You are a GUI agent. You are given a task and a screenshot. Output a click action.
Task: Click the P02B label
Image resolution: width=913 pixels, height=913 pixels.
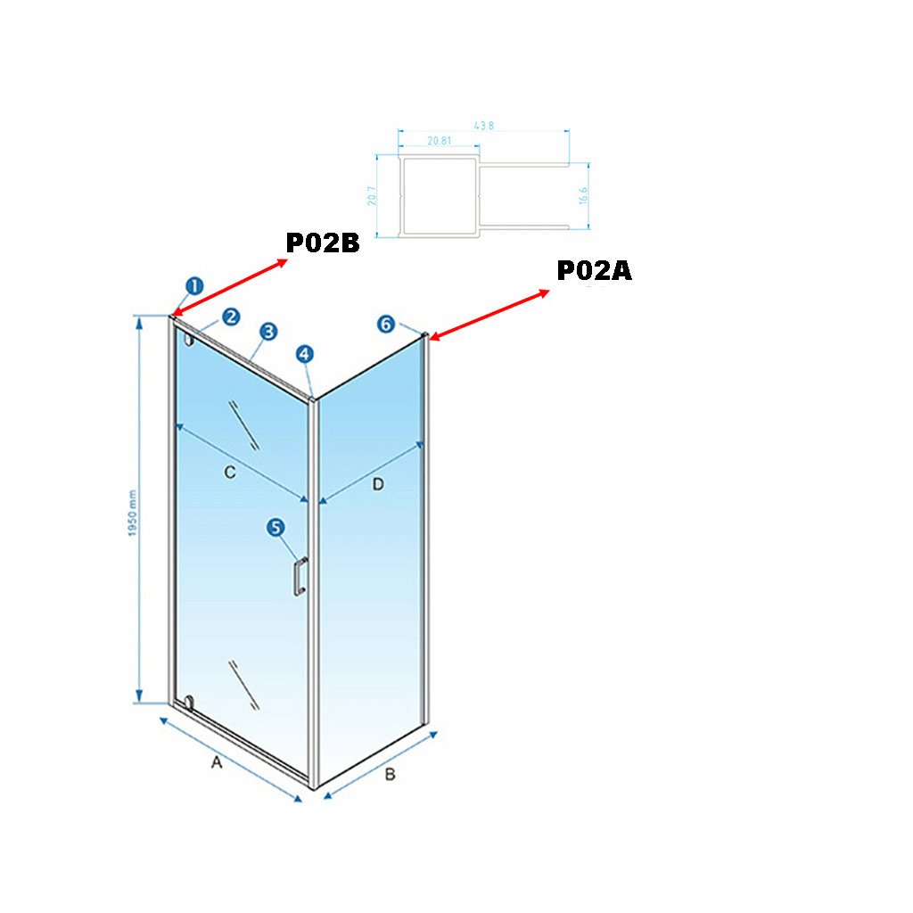click(x=322, y=243)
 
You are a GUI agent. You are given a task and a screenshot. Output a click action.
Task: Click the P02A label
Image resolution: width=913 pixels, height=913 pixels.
click(x=594, y=271)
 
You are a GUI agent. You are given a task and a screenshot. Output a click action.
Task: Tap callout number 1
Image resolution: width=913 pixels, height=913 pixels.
click(x=194, y=286)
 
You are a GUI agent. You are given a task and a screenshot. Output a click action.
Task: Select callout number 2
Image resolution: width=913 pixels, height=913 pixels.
click(x=231, y=317)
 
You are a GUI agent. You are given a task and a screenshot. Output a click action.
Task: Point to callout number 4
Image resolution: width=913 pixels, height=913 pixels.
click(x=306, y=354)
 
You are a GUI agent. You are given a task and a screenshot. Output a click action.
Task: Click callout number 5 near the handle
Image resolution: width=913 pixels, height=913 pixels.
click(x=276, y=528)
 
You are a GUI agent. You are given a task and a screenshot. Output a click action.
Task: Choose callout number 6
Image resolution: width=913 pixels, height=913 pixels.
click(x=385, y=324)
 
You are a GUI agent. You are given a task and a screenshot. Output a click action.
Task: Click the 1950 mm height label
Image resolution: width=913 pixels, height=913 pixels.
click(x=132, y=514)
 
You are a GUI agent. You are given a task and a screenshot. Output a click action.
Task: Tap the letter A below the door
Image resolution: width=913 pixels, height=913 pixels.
click(x=215, y=762)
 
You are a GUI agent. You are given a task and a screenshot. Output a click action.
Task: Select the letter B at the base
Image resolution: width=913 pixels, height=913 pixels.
click(x=389, y=775)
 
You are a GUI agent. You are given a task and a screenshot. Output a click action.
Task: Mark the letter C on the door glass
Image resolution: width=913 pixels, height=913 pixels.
click(x=229, y=473)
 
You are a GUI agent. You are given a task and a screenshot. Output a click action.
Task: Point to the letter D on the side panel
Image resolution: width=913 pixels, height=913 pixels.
click(x=377, y=484)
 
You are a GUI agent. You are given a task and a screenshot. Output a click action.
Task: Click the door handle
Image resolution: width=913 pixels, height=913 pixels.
click(x=300, y=575)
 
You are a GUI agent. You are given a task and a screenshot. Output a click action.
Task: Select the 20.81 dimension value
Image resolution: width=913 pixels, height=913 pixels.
click(x=439, y=141)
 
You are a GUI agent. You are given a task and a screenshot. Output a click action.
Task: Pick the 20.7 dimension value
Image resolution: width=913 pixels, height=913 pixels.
click(x=372, y=195)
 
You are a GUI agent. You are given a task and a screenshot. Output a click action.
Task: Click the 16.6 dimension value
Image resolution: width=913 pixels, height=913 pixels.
click(x=584, y=196)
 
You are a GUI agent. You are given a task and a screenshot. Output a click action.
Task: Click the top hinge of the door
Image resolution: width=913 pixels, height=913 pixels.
click(x=187, y=339)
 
